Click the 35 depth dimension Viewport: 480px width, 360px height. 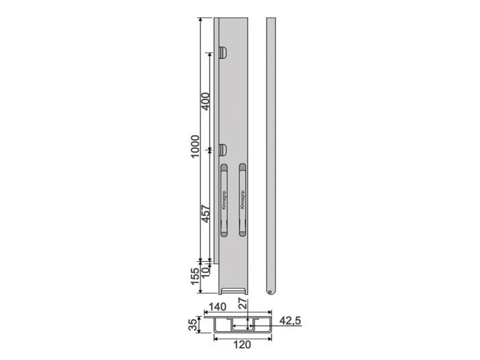pyautogui.click(x=194, y=325)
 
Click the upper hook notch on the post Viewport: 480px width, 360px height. pyautogui.click(x=223, y=51)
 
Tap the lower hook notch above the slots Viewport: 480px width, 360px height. pyautogui.click(x=223, y=149)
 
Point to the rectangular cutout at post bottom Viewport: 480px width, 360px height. pyautogui.click(x=235, y=290)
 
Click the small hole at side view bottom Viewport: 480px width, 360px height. pyautogui.click(x=270, y=291)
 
